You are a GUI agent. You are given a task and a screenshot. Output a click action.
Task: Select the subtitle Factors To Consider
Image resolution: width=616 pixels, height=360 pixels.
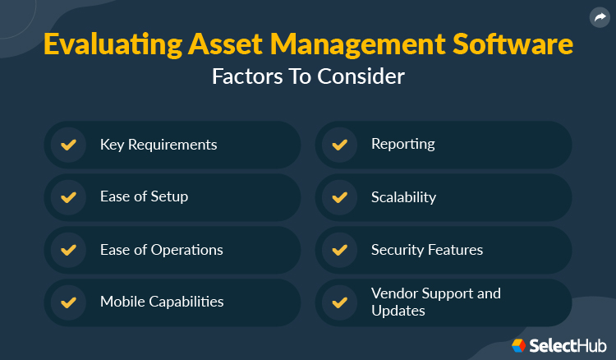[x=308, y=76]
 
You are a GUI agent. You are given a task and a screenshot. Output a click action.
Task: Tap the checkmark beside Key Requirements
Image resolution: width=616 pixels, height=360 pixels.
[x=69, y=145]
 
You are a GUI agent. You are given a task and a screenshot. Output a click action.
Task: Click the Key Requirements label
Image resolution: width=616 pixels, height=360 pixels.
[x=159, y=145]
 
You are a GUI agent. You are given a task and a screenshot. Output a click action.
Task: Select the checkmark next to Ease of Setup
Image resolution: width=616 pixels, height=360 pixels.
[x=69, y=197]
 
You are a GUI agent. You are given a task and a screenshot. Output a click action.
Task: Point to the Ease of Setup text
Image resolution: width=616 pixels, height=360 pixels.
[x=144, y=197]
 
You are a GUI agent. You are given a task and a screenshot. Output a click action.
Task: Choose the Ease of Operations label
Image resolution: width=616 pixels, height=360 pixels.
[x=161, y=250]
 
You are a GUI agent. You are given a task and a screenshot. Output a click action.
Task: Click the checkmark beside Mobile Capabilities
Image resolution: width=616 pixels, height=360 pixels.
[x=69, y=302]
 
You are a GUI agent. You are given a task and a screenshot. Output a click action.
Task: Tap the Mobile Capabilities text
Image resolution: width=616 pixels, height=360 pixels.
[x=162, y=302]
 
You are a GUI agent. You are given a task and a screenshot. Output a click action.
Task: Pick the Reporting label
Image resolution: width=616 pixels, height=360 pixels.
[x=402, y=145]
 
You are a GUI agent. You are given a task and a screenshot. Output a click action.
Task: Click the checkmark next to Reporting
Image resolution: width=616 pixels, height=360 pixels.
[x=339, y=145]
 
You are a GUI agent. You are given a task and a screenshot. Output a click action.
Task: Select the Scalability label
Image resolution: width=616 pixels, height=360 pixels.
[x=403, y=197]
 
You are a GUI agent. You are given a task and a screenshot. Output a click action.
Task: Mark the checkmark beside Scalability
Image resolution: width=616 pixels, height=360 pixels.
[x=339, y=197]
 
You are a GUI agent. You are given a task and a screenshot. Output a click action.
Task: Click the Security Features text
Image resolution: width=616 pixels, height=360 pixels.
[x=427, y=250]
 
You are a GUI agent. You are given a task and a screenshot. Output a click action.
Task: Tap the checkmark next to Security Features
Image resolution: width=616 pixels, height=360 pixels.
[x=339, y=250]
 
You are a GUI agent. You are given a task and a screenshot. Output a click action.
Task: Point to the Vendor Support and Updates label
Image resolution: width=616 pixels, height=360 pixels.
[x=435, y=302]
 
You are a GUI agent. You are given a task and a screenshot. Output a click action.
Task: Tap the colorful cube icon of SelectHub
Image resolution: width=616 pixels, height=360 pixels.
[x=519, y=345]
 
